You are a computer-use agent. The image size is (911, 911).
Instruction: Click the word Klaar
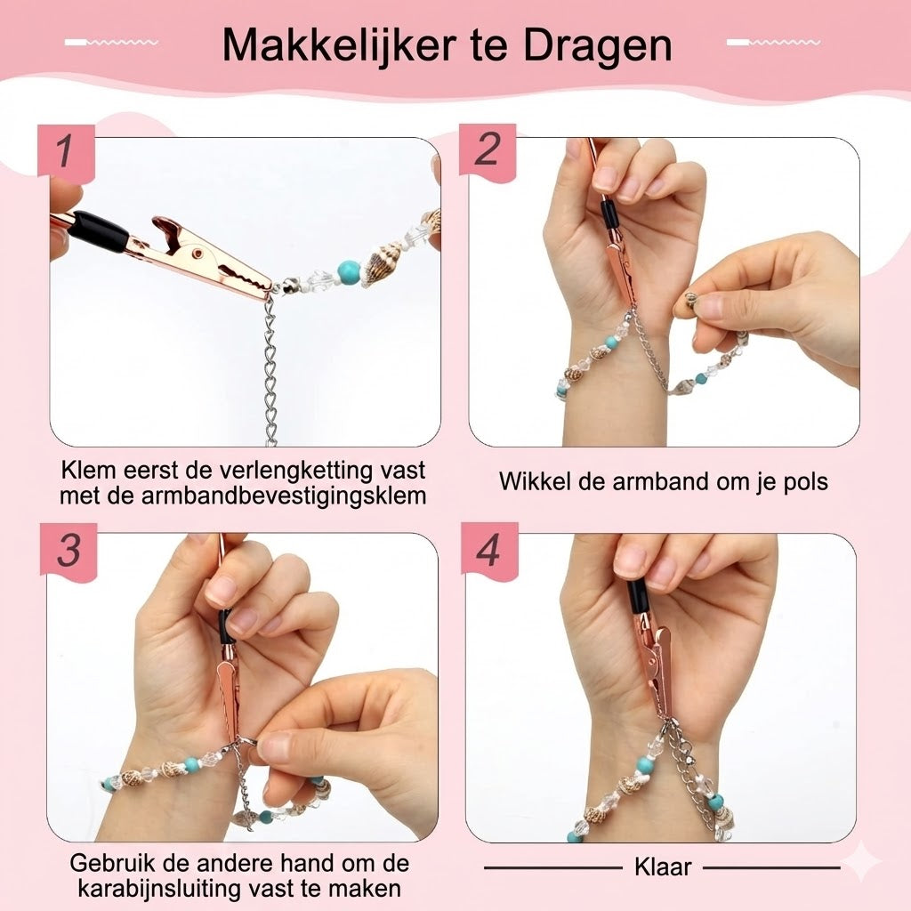(663, 867)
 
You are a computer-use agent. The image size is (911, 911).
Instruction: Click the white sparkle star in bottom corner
(861, 862)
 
